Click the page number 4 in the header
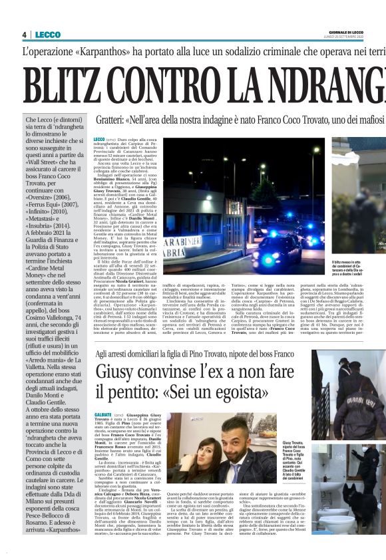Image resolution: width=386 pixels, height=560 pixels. [x=24, y=35]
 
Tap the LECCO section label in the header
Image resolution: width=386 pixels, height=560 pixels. [x=47, y=35]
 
